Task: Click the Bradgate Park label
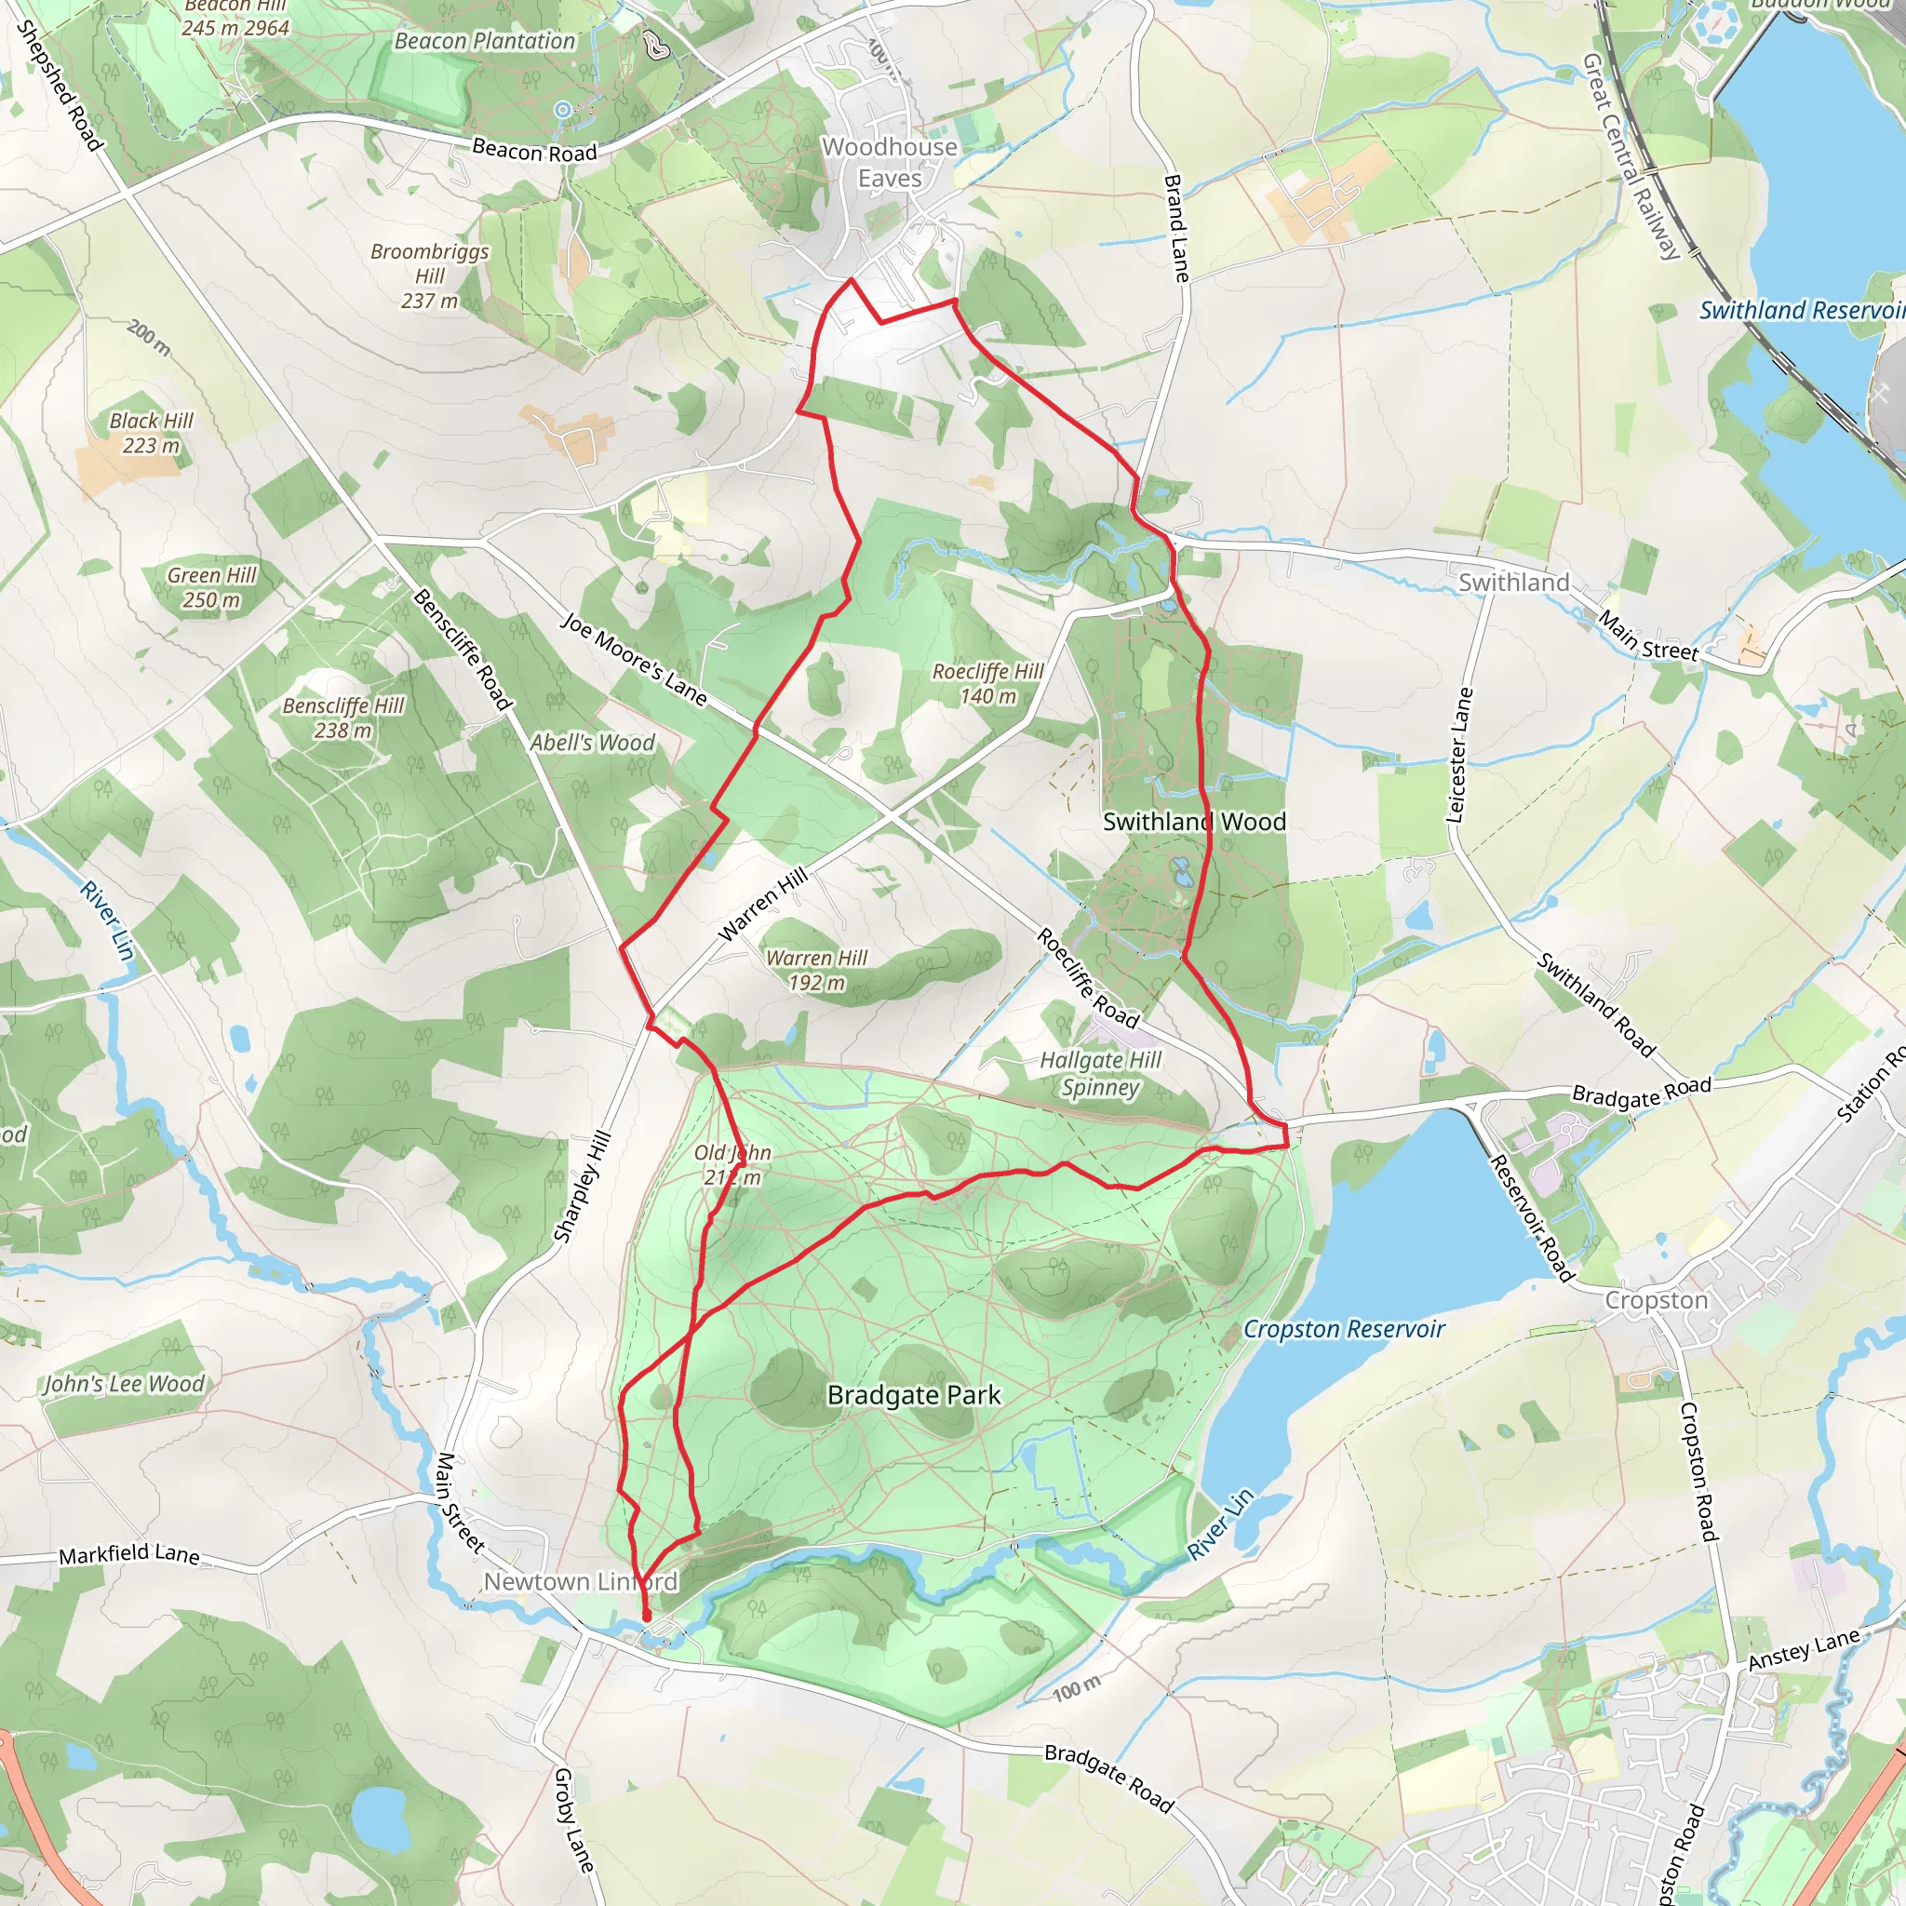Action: pos(914,1395)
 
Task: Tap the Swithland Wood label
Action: pos(1194,822)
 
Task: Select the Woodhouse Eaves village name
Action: pos(889,163)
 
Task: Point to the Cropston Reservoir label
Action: pos(1343,1329)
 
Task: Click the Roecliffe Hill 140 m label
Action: pos(987,684)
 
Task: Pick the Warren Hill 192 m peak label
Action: pos(817,970)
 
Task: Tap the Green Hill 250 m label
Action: pos(211,587)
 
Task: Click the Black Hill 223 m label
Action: pos(151,433)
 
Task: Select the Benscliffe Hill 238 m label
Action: pos(343,718)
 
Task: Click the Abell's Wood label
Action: pos(592,743)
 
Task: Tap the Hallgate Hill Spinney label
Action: pos(1101,1073)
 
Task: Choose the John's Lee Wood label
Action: pos(125,1384)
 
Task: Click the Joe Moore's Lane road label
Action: pos(634,660)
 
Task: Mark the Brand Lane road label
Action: pos(1176,229)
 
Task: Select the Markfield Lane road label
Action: pos(129,1555)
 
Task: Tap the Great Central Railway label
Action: pos(1630,155)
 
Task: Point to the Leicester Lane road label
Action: pos(1458,755)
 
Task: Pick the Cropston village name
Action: pos(1656,1300)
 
